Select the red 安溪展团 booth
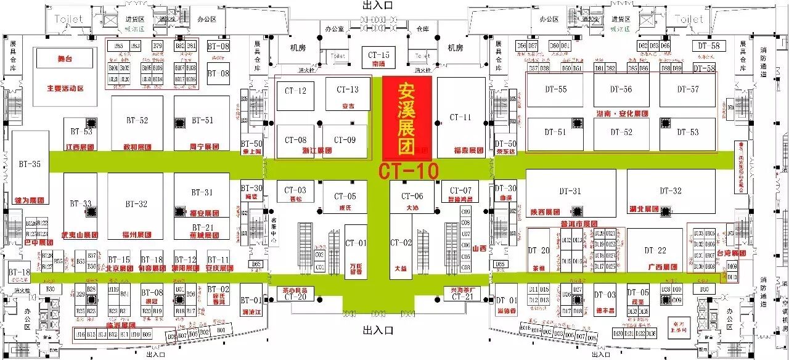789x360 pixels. tap(407, 118)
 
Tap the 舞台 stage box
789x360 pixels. tap(65, 59)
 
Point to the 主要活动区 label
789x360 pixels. tap(65, 88)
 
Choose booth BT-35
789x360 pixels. tap(30, 164)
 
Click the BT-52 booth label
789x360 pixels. tap(137, 120)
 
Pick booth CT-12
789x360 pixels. tap(295, 91)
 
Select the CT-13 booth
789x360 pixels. tap(348, 89)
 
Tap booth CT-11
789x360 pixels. tap(460, 117)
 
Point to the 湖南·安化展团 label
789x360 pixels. tap(622, 114)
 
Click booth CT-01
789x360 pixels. tap(356, 243)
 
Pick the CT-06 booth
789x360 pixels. tap(412, 196)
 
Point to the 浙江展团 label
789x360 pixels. tap(299, 150)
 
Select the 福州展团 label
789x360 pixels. tap(137, 235)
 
